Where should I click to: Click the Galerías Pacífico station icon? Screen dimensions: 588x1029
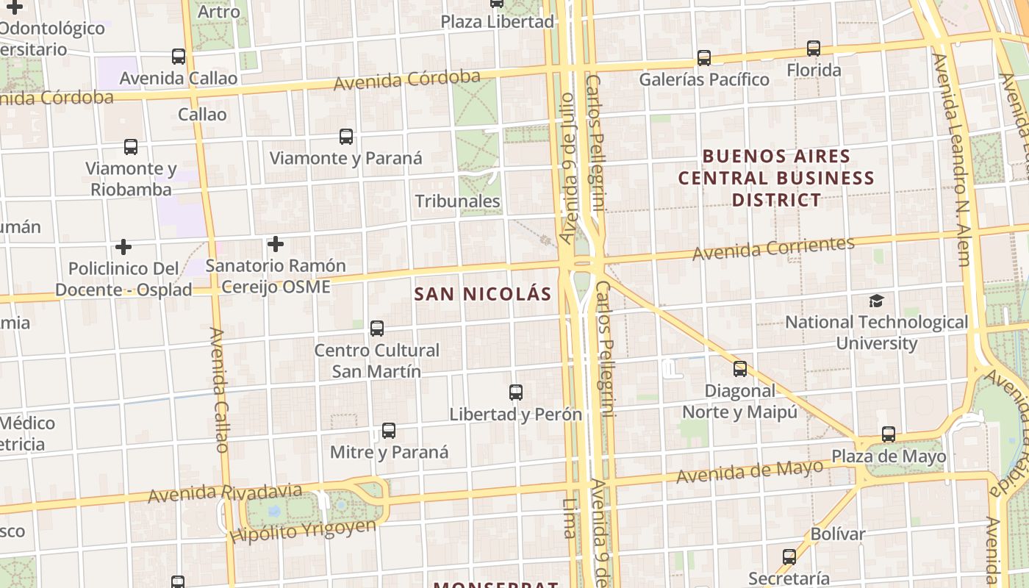coord(704,57)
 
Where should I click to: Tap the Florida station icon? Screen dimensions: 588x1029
coord(814,49)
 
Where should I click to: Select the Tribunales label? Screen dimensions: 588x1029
coord(457,201)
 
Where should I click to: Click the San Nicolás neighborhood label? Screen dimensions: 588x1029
coord(482,294)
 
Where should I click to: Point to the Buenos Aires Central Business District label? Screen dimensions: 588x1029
coord(776,178)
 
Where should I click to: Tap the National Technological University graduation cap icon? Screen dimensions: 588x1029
coord(876,301)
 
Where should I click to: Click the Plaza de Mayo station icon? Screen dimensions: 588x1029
coord(889,434)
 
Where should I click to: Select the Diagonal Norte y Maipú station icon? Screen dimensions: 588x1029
coord(740,369)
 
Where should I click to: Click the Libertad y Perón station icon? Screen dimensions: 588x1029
coord(516,392)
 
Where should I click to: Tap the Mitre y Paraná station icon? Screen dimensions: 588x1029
coord(389,431)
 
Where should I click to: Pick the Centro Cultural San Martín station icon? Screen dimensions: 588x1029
coord(377,329)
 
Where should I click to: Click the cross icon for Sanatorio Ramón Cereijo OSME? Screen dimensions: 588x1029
coord(276,243)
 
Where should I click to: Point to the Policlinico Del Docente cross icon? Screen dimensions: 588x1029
coord(123,246)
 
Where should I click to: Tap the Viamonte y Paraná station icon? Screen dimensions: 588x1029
coord(346,136)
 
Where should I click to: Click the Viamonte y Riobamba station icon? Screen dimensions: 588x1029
coord(131,146)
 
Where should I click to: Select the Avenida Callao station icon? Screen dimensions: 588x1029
coord(179,57)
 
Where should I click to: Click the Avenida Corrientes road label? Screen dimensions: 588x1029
coord(774,248)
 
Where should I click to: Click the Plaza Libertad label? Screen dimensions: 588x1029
coord(498,21)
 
